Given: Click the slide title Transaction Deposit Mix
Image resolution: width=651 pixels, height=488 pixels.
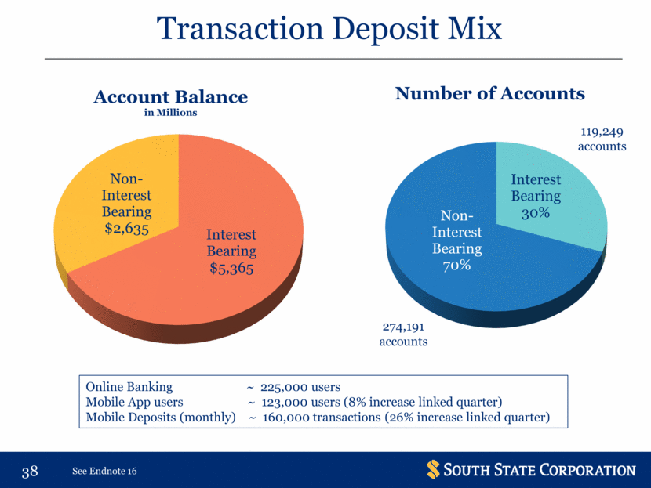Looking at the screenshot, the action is [329, 29].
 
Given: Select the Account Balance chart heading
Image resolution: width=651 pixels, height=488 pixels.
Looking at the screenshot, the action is [171, 97].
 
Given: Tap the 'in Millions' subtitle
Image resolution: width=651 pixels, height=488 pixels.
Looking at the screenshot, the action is [171, 113].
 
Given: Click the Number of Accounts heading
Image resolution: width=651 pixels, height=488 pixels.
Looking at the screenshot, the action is [490, 94].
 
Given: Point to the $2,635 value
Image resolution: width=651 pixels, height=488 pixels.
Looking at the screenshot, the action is [126, 229].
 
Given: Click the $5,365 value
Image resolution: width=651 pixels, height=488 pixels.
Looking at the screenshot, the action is [231, 268].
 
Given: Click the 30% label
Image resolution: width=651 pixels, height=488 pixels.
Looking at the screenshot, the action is [536, 213].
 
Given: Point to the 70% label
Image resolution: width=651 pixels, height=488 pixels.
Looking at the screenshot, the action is [456, 266].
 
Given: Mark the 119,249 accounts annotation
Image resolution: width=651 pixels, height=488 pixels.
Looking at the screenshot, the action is [602, 139].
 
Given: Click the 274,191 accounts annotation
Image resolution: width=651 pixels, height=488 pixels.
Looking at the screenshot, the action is [403, 334].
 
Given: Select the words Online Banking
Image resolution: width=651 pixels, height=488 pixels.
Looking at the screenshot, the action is [129, 387].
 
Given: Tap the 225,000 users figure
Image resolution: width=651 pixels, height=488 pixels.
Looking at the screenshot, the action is [300, 387].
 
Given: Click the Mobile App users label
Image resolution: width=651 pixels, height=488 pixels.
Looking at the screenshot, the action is [135, 402].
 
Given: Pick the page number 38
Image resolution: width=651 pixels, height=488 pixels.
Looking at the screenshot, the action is [30, 472].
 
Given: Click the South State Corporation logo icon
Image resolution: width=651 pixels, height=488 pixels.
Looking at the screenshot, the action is [433, 469].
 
